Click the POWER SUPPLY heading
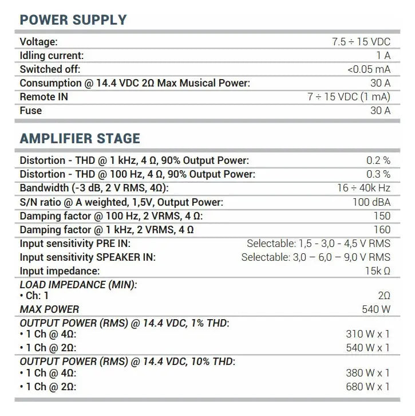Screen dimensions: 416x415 coord(73,20)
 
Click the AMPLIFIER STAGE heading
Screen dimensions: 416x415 coord(80,139)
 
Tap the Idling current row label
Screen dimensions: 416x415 coord(52,56)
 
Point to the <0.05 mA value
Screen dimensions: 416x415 coord(369,69)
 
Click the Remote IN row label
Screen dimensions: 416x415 coord(44,97)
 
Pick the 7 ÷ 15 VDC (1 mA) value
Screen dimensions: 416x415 coord(349,97)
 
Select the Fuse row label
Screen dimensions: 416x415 coord(31,111)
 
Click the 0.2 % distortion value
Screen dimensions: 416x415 coord(378,160)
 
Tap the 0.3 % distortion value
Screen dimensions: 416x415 coord(378,174)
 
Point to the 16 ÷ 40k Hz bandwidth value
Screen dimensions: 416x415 coord(363,188)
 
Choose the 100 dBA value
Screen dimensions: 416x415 coord(371,202)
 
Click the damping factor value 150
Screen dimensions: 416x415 coord(382,216)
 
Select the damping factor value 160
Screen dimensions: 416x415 coord(382,230)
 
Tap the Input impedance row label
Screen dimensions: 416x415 coord(60,271)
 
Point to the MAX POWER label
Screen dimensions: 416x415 coord(49,310)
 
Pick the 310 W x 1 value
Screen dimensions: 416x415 coord(367,334)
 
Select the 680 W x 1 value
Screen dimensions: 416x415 coord(367,387)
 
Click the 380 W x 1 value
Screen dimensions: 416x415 coord(367,373)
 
